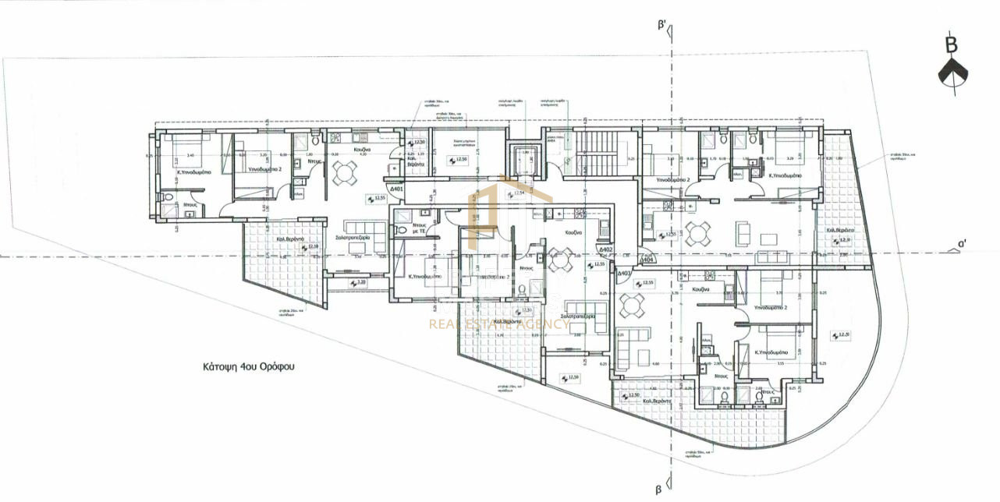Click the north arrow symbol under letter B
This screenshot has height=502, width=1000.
tap(952, 73)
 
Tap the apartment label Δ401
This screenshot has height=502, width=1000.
tap(396, 189)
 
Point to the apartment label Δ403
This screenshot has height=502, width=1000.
tap(623, 274)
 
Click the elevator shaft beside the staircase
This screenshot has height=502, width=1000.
tap(520, 161)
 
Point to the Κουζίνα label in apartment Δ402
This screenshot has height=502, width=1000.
tap(576, 233)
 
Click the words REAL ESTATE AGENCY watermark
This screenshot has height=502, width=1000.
tap(499, 323)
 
